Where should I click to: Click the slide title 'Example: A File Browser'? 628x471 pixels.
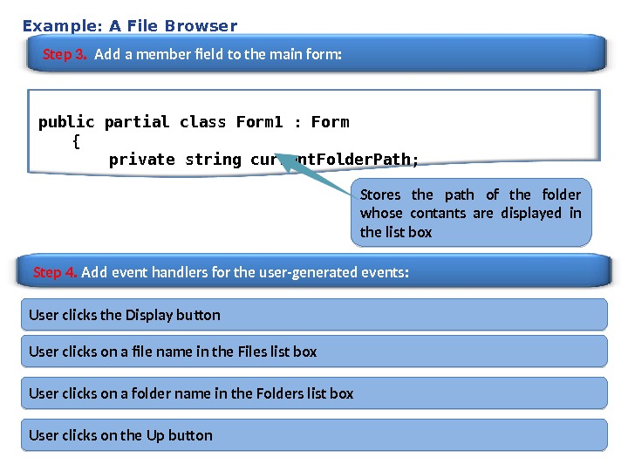pyautogui.click(x=129, y=25)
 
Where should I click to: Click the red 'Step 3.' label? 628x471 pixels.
pyautogui.click(x=65, y=55)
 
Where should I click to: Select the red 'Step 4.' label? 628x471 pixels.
pyautogui.click(x=55, y=272)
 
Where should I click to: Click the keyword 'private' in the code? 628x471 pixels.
pyautogui.click(x=142, y=160)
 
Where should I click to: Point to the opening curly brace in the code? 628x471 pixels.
pyautogui.click(x=77, y=140)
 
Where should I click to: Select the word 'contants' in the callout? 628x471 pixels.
pyautogui.click(x=440, y=213)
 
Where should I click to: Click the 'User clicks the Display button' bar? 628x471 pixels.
pyautogui.click(x=314, y=315)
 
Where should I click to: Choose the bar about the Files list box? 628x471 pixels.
pyautogui.click(x=314, y=352)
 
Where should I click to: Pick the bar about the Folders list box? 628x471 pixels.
pyautogui.click(x=314, y=393)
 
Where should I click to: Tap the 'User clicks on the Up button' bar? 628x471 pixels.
pyautogui.click(x=314, y=435)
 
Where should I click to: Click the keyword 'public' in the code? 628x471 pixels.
pyautogui.click(x=66, y=122)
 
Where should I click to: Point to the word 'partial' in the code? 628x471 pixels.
pyautogui.click(x=137, y=122)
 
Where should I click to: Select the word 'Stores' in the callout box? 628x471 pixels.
pyautogui.click(x=380, y=195)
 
